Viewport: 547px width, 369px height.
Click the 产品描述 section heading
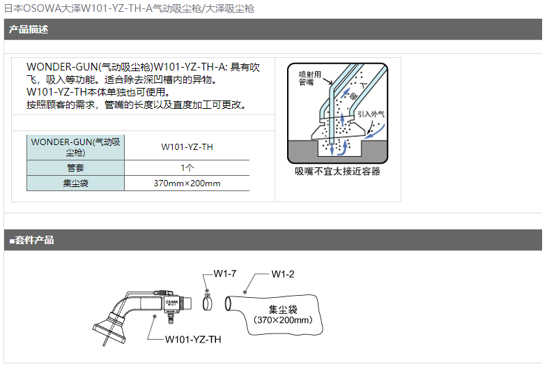point(29,29)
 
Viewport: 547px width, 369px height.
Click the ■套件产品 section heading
point(32,240)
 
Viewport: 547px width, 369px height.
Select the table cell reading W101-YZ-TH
point(187,147)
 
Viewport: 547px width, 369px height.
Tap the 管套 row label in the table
point(76,168)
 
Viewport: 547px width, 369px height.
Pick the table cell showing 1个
point(187,168)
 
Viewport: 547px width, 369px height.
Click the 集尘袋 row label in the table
point(76,183)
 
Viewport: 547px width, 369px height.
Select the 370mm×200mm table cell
point(187,183)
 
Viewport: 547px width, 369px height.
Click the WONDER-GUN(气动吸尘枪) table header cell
point(76,147)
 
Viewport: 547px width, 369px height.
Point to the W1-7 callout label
point(224,273)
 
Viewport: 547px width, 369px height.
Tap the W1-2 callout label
point(283,274)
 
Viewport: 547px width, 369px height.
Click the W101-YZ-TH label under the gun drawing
point(193,339)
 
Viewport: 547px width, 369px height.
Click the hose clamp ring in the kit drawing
point(207,303)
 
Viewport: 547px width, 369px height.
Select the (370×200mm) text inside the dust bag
point(283,320)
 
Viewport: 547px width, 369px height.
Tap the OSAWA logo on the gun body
point(171,303)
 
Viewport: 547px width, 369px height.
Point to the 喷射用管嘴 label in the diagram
point(310,78)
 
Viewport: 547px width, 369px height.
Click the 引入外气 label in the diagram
point(371,114)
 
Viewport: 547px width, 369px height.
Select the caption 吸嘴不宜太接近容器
point(337,172)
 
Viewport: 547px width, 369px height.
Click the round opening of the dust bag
point(228,303)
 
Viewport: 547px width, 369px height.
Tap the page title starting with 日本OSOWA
point(129,8)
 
